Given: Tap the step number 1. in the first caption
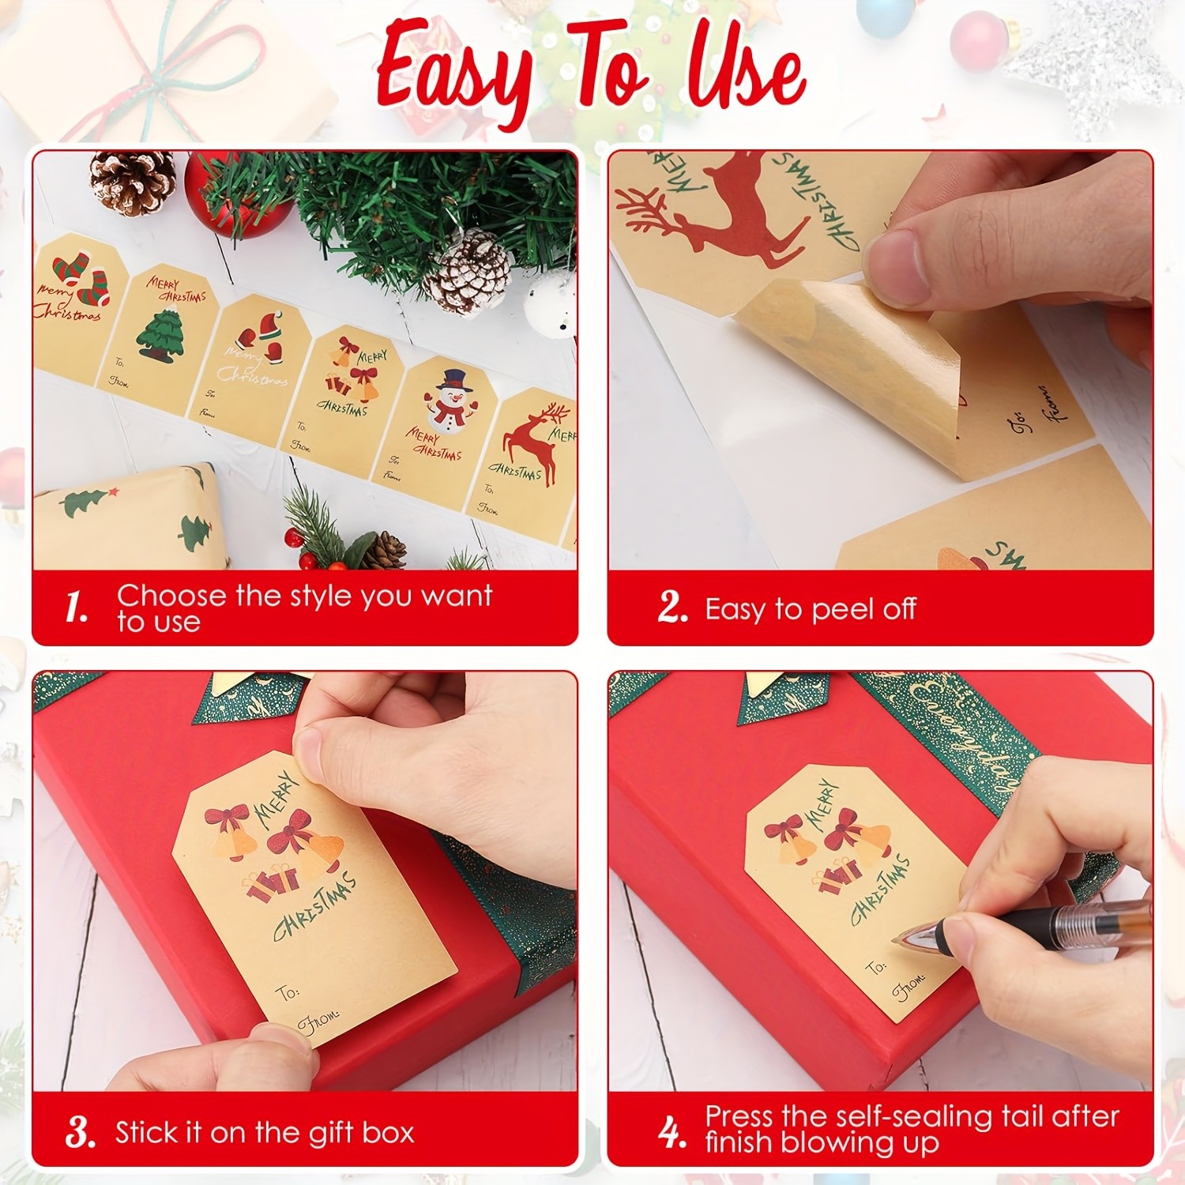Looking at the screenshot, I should tap(76, 608).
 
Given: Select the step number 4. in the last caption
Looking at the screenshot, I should tap(671, 1132).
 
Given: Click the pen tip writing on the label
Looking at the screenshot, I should tap(901, 940).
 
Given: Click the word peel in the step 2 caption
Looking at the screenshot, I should tap(842, 610).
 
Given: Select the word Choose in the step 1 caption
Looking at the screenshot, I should tap(171, 595).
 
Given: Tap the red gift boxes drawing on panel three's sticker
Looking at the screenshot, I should tap(273, 881).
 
